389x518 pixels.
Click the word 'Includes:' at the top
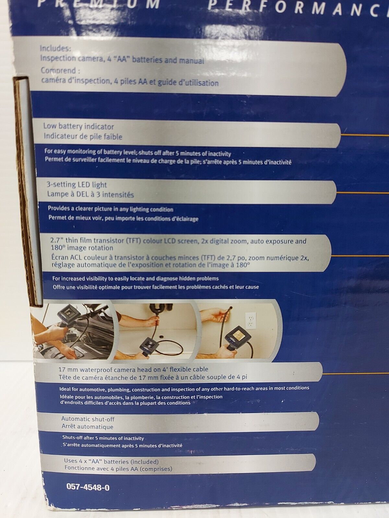[x=55, y=48]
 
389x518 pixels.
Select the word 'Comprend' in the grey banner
[x=59, y=70]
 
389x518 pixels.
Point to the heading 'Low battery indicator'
[x=78, y=126]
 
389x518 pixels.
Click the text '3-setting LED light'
[x=77, y=185]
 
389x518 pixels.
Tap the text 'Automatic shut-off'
[x=88, y=419]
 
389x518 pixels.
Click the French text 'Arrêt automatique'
[x=87, y=426]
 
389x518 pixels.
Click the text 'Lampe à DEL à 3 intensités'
[x=90, y=194]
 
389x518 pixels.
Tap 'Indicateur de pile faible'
[x=83, y=136]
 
